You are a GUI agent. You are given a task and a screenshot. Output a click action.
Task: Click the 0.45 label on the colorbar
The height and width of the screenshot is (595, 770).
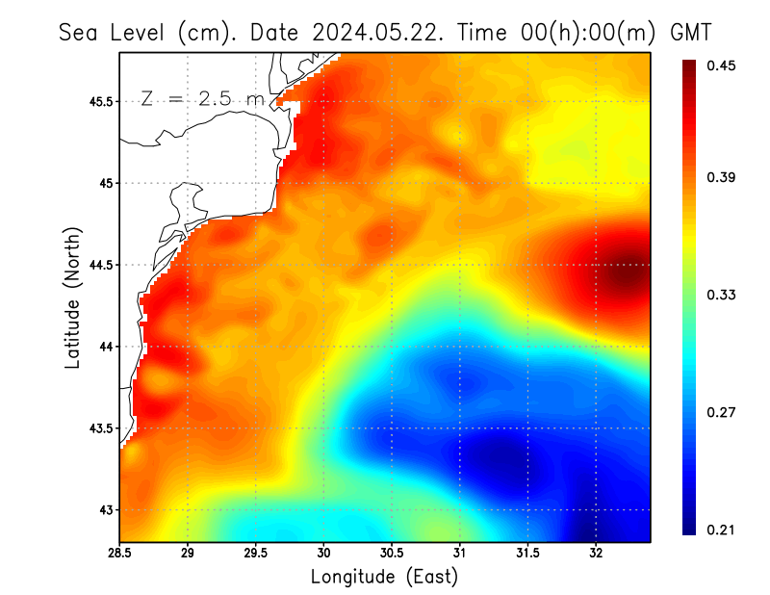click(718, 65)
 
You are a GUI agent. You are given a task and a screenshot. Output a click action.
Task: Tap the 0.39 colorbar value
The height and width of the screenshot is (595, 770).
click(718, 177)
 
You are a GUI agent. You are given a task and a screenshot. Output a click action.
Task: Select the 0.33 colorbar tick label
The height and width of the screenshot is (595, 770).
click(718, 295)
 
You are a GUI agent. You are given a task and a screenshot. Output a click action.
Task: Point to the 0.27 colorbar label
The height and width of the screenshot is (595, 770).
click(718, 412)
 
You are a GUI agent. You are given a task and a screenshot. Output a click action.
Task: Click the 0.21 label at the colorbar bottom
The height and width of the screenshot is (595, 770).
click(718, 530)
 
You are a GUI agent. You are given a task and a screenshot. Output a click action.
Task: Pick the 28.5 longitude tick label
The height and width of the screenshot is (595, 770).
click(120, 554)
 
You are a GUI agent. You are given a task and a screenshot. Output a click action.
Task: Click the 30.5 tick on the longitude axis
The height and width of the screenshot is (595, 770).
click(392, 554)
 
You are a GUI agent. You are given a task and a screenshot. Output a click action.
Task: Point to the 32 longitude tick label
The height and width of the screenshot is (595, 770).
click(596, 554)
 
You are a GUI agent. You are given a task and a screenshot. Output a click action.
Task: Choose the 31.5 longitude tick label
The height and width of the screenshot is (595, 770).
click(527, 554)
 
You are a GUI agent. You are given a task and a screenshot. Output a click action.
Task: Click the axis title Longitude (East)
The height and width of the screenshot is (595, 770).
click(384, 577)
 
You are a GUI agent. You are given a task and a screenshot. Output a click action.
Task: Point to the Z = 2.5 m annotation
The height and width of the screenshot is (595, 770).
click(202, 98)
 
